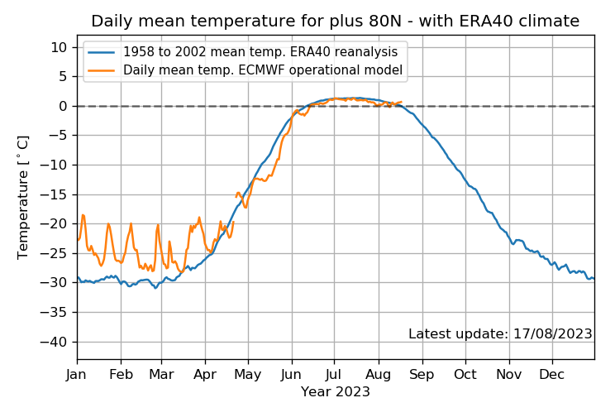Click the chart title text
[336, 21]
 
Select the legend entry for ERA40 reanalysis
[243, 52]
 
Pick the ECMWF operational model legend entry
[246, 69]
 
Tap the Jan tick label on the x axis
[76, 375]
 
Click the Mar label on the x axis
[161, 375]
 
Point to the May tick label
[248, 375]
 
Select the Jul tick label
[334, 375]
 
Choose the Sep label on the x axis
[422, 375]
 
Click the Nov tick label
[508, 375]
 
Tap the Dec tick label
[551, 375]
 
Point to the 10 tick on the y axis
[59, 47]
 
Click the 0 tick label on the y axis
[63, 107]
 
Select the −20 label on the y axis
[54, 224]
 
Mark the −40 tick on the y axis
[54, 342]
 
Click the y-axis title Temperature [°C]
[23, 198]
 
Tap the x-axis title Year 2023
[336, 392]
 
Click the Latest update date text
[500, 333]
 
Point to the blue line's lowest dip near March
[155, 288]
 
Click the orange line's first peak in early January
[83, 215]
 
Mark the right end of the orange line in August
[401, 102]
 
